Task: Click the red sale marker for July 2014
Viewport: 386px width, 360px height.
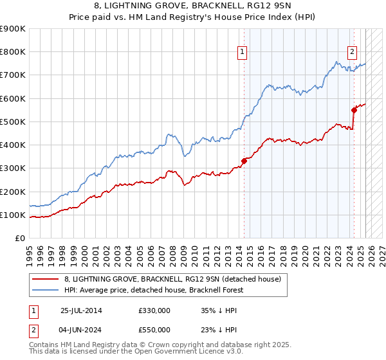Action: [x=244, y=161]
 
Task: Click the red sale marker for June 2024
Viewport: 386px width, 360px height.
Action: [x=354, y=110]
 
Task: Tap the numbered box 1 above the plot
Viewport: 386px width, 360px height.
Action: [x=243, y=53]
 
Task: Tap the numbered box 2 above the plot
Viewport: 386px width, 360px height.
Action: [x=353, y=53]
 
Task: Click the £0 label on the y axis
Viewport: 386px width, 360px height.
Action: [x=20, y=238]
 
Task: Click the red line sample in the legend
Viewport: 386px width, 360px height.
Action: [x=46, y=279]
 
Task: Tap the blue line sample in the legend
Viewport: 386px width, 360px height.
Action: [x=46, y=290]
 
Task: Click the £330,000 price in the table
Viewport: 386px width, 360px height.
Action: [x=154, y=310]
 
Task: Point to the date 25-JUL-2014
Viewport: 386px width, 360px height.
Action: [x=82, y=310]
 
